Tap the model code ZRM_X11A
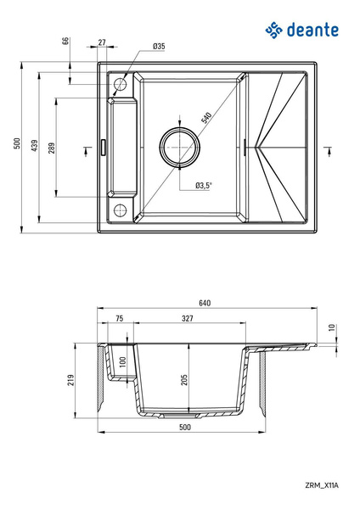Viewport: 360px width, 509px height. pos(321,484)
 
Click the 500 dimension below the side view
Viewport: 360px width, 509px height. pos(184,428)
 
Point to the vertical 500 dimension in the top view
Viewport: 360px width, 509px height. pos(17,145)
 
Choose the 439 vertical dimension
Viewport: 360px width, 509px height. pos(35,145)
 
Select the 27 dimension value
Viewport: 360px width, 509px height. pos(102,42)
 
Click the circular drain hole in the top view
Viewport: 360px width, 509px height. pos(178,148)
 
